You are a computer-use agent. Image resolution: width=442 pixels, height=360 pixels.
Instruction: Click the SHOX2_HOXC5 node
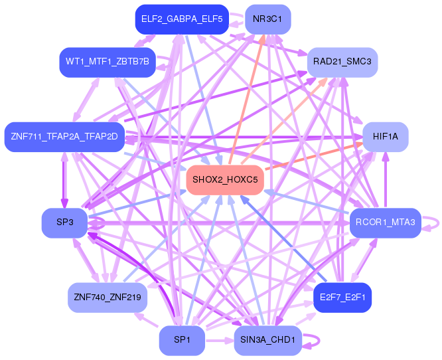[226, 180]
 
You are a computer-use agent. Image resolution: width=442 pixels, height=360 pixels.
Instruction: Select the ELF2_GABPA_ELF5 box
[181, 19]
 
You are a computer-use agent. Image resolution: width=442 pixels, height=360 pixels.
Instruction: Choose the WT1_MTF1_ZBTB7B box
[107, 62]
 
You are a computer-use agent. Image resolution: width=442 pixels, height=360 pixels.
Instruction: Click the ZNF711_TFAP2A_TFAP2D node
[64, 137]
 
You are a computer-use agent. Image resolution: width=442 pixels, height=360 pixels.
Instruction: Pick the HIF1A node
[385, 137]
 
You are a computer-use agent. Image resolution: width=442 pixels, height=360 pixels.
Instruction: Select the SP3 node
[64, 223]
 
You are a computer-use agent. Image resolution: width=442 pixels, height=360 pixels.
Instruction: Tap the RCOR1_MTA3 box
[385, 223]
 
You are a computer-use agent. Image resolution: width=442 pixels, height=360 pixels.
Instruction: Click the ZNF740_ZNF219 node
[107, 297]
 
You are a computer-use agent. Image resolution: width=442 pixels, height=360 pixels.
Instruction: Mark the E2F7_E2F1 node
[342, 297]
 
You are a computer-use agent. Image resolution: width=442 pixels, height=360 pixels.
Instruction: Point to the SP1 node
[182, 340]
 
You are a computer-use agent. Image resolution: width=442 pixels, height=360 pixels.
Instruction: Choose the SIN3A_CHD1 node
[268, 340]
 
